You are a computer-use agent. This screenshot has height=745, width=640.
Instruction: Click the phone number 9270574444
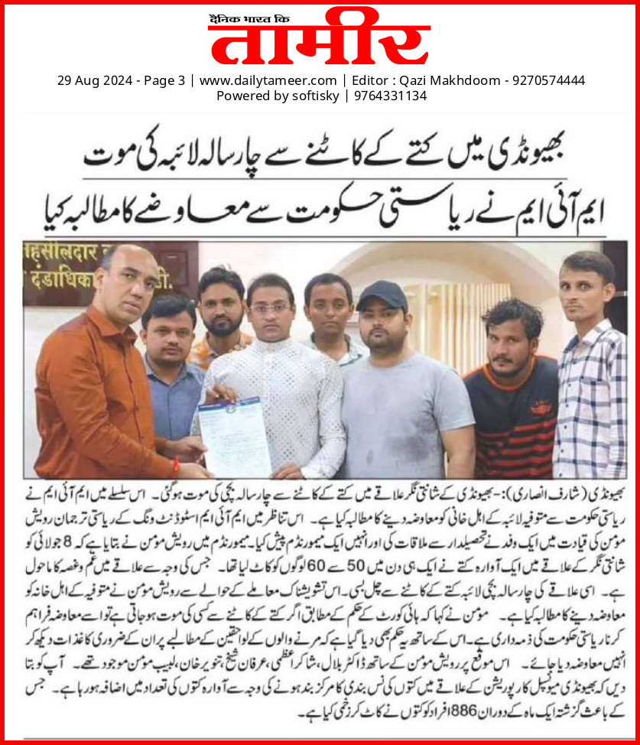[548, 80]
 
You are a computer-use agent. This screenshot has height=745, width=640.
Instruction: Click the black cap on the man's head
[382, 294]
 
